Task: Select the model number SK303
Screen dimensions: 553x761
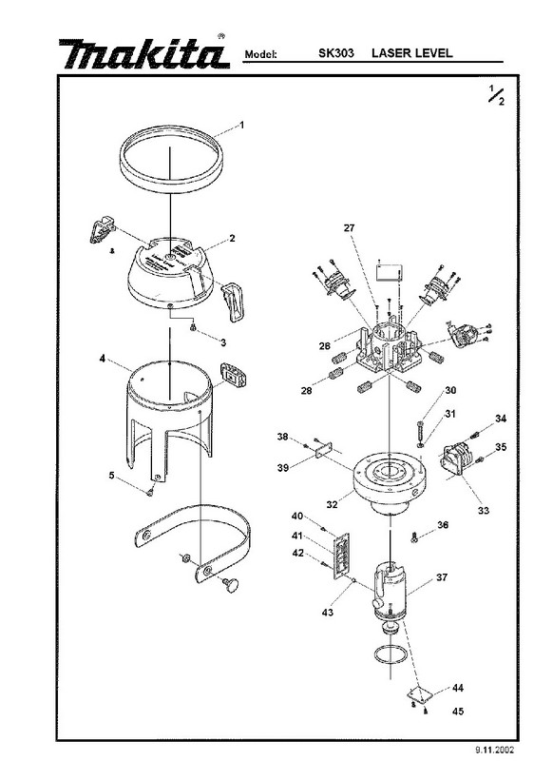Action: (335, 53)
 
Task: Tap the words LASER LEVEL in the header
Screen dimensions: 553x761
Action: (412, 53)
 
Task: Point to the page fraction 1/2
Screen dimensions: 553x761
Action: (496, 94)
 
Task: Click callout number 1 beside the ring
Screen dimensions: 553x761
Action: (242, 126)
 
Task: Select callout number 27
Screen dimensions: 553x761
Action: (349, 227)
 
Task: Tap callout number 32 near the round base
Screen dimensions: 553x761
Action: (332, 505)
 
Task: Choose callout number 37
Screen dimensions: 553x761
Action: (442, 577)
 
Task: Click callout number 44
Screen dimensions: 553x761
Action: (458, 688)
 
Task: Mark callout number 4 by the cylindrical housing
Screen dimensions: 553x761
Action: (103, 359)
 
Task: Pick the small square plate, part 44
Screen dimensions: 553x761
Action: (419, 693)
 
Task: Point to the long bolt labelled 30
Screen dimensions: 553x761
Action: (419, 430)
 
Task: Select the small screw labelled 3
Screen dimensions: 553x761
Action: (193, 328)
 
